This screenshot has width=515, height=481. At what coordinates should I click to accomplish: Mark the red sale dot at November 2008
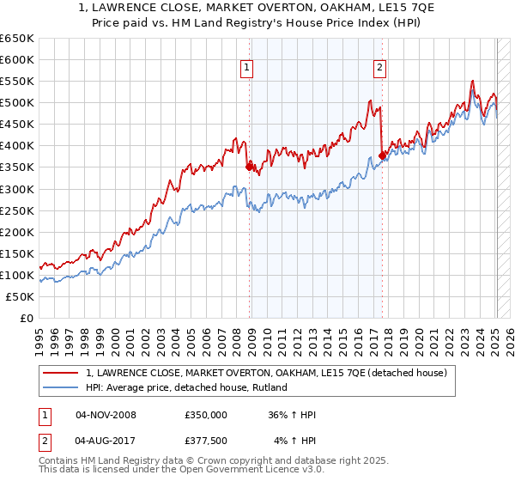coord(249,167)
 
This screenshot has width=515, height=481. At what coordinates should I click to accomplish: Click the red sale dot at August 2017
coord(382,155)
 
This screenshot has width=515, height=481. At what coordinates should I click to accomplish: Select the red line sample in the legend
coord(60,374)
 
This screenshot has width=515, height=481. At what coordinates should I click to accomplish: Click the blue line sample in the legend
coord(60,388)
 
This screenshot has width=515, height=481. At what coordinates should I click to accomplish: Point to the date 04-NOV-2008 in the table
coord(106,415)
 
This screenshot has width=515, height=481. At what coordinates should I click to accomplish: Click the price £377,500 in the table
coord(205,440)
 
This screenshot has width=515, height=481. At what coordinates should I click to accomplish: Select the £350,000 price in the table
coord(205,415)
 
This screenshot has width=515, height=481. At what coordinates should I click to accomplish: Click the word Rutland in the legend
coord(268,388)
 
